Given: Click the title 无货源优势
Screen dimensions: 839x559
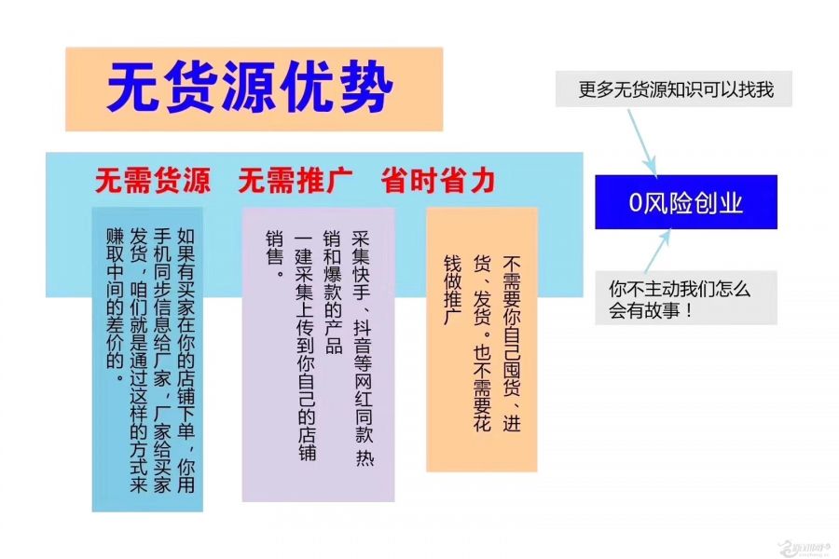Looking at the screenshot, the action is click(251, 87).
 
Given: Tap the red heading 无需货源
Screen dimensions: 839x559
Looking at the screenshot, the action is click(153, 180).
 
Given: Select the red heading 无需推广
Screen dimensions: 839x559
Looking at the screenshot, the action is click(295, 180).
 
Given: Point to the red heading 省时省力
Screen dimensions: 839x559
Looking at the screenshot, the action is click(438, 180).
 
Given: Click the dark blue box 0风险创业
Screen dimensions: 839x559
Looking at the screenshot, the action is click(686, 202).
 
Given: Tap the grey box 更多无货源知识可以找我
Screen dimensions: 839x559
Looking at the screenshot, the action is click(674, 89).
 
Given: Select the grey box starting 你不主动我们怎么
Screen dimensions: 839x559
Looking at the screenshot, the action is click(686, 298).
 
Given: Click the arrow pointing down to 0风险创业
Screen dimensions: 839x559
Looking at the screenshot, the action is click(642, 143).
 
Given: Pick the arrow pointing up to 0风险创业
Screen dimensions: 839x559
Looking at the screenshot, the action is click(657, 252).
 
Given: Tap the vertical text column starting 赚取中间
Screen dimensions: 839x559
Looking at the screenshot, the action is click(115, 306).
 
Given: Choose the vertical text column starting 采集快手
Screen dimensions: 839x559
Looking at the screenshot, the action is click(363, 348).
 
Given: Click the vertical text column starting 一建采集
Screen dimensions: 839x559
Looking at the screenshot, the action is click(305, 348).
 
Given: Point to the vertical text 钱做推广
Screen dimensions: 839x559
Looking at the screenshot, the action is click(452, 290).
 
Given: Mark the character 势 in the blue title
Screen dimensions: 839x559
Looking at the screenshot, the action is click(366, 87).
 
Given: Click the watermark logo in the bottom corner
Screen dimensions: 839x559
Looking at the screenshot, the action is click(806, 547).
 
